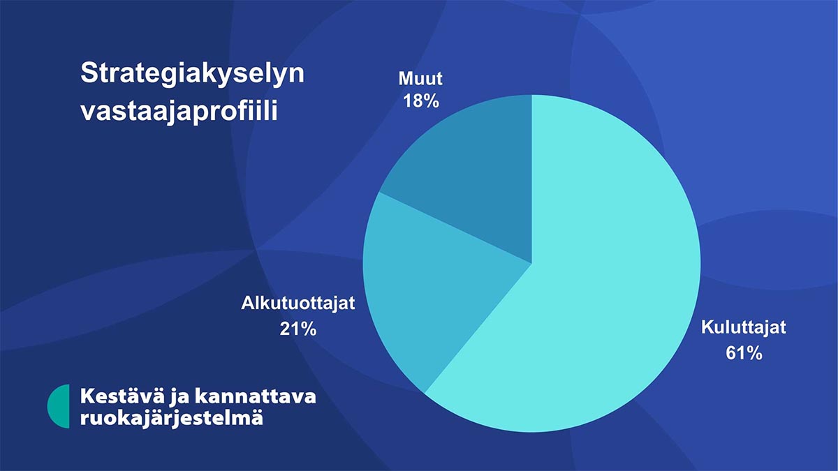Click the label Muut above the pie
[x=420, y=78]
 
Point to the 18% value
[x=421, y=101]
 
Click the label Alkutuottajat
[x=297, y=303]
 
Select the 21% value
[x=298, y=329]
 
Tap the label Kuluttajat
[x=743, y=327]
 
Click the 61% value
[x=744, y=353]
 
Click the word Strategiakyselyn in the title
[x=193, y=74]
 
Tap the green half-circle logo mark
[x=59, y=406]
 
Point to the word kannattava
[x=256, y=396]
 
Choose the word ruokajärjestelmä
[x=172, y=418]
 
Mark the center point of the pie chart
[x=531, y=264]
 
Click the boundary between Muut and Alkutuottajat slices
[x=455, y=227]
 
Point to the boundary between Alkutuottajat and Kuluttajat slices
[x=478, y=328]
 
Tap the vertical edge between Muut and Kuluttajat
[x=531, y=179]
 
